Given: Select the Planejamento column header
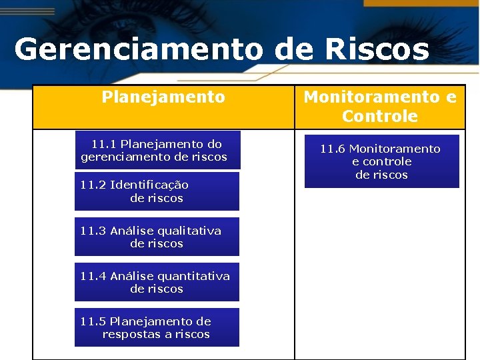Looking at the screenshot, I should pos(163,97).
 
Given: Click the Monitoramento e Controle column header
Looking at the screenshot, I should pos(380,107).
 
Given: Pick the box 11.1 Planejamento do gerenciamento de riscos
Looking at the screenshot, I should pos(157,151).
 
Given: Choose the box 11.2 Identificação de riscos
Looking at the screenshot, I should pos(157,191).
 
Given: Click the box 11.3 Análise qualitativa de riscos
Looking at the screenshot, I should pos(157,237).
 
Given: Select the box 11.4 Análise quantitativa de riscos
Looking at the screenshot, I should pos(157,283).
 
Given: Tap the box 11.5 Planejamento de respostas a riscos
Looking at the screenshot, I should pos(157,328).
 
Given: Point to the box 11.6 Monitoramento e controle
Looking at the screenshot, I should pos(381,162).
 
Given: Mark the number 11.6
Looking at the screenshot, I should pos(333,149).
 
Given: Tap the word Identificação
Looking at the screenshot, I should pos(149,185).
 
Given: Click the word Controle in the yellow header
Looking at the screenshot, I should pos(380,117).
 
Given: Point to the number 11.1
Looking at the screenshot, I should pos(104,144).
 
